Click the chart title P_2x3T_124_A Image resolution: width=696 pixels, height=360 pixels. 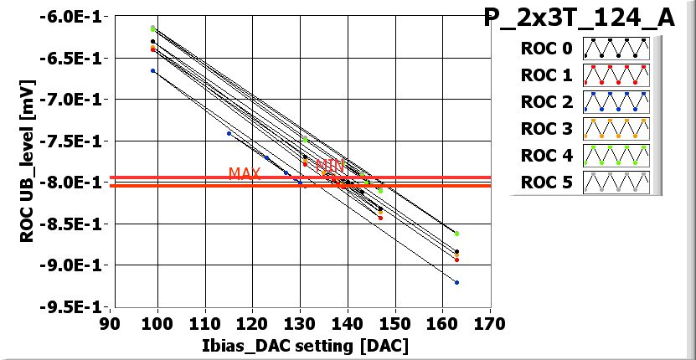(579, 18)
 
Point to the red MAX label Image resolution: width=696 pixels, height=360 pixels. (245, 173)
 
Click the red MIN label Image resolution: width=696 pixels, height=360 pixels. (330, 166)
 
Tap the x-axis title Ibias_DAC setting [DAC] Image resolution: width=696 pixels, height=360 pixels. (299, 345)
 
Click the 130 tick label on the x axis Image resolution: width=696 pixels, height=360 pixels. (299, 323)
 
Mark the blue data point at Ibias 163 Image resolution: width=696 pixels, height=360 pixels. (456, 282)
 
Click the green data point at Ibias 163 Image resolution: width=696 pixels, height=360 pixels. (456, 234)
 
